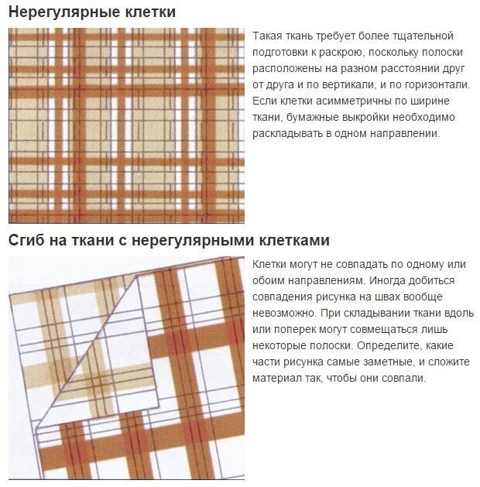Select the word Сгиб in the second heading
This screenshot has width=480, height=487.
[26, 241]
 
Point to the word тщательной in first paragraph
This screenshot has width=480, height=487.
[423, 36]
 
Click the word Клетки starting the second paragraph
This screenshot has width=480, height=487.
[269, 264]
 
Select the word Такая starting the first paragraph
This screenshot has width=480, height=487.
[267, 36]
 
